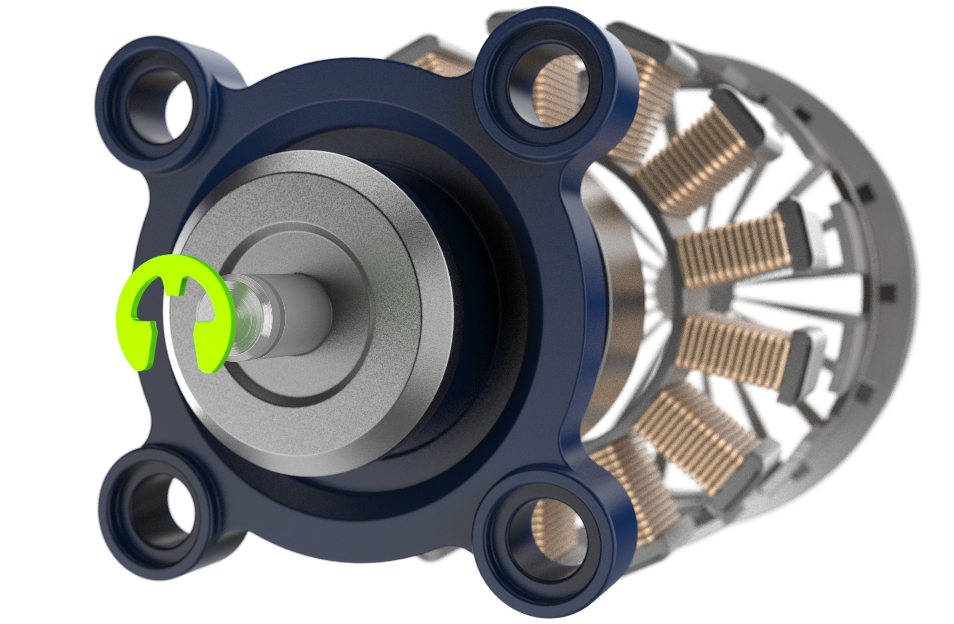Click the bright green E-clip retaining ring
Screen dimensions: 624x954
point(132,321)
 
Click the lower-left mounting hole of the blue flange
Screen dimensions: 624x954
point(154,513)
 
